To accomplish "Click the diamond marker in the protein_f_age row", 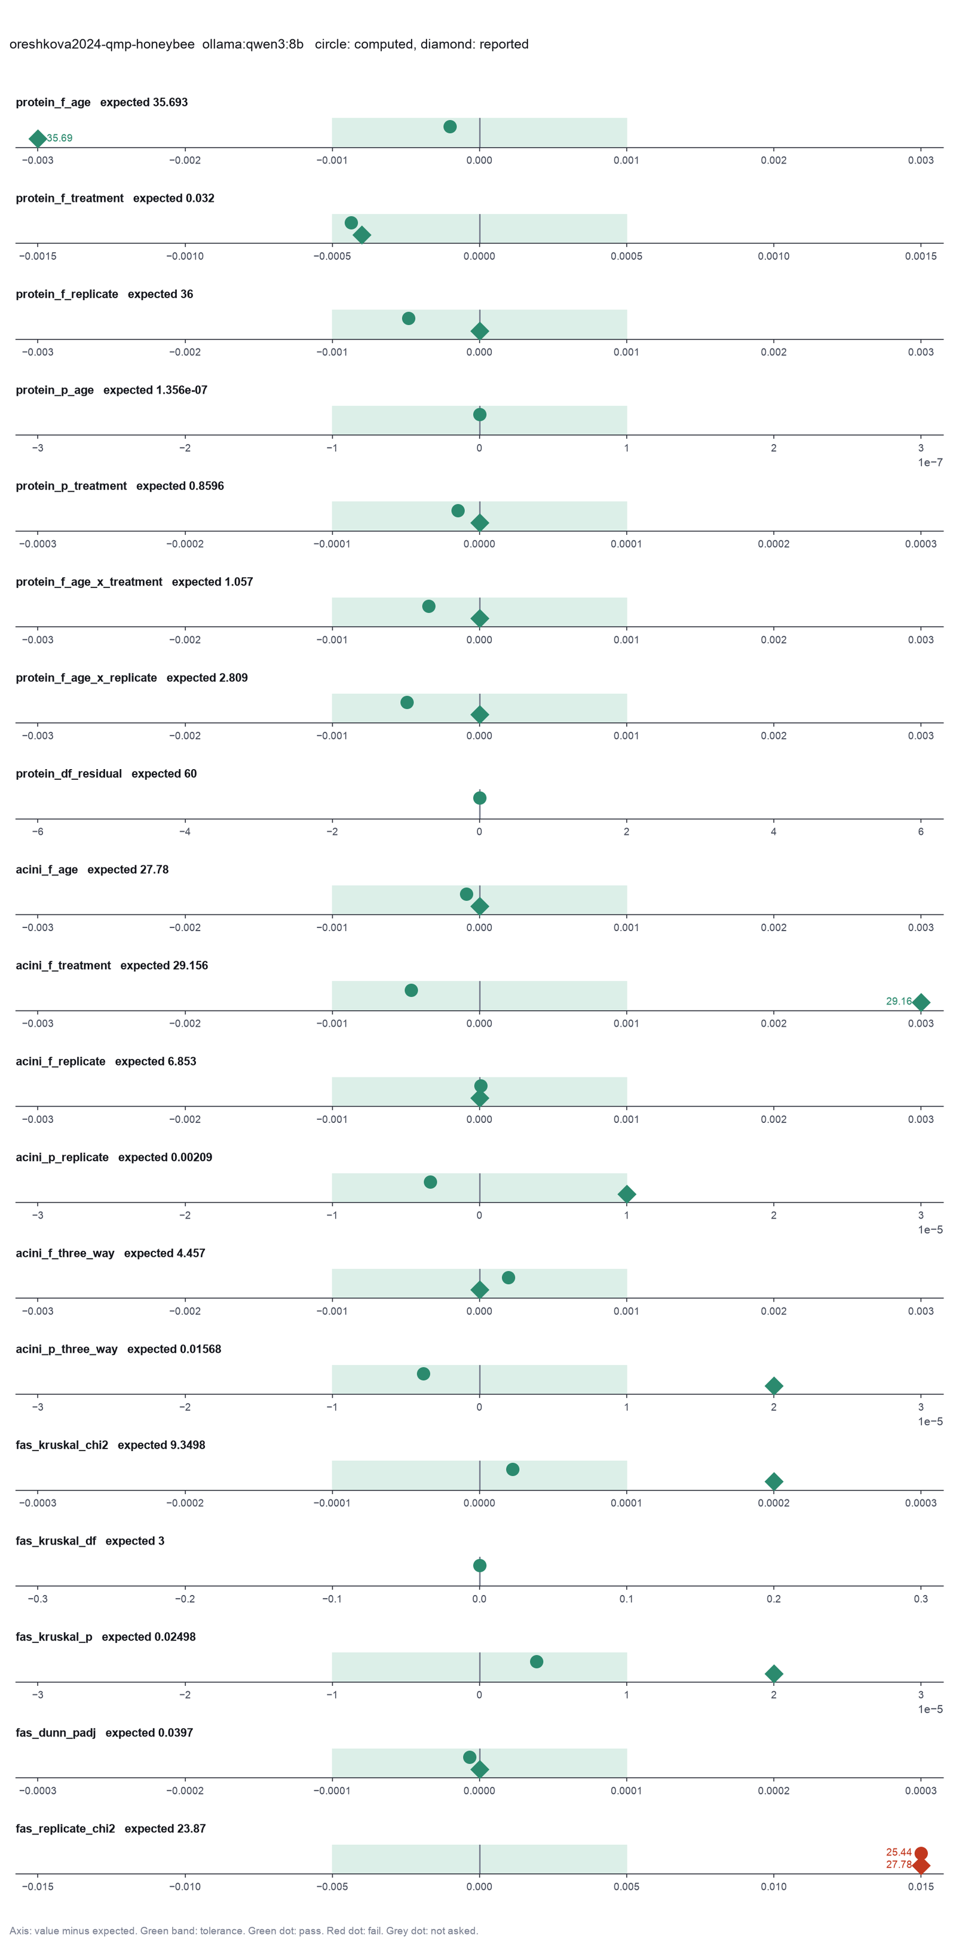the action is (x=38, y=138).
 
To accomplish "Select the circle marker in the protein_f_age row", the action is (x=450, y=127).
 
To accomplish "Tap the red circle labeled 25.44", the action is (x=921, y=1853).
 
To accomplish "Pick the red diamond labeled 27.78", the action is (x=921, y=1866).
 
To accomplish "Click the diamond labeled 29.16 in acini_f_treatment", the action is (x=921, y=1002).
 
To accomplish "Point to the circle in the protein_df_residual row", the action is (x=479, y=798).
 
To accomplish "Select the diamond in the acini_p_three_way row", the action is (x=773, y=1386).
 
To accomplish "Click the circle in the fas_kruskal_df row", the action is (x=479, y=1565).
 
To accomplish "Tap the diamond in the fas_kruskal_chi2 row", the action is (x=773, y=1481).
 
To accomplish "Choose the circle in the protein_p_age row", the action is (x=479, y=414).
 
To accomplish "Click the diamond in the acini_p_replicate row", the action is (x=626, y=1194).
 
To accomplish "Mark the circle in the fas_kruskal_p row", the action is (x=537, y=1662).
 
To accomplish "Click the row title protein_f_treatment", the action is (x=69, y=198).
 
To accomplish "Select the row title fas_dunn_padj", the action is (x=56, y=1732).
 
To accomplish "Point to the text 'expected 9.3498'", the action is (x=161, y=1445).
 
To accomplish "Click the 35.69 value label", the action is (x=60, y=138).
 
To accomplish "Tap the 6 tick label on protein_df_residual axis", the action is (x=921, y=832).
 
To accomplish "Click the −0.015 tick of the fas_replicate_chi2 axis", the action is (x=38, y=1887).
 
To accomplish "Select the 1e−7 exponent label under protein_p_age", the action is (x=930, y=463).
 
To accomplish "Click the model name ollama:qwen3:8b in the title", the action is (x=253, y=45).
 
